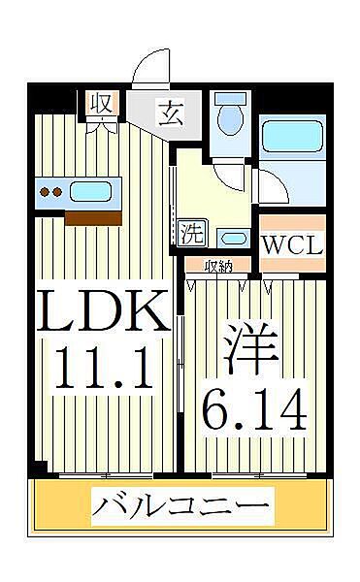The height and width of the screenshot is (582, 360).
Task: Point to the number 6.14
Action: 254,407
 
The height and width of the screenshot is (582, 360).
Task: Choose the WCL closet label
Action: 292,244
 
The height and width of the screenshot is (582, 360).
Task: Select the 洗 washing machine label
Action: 193,233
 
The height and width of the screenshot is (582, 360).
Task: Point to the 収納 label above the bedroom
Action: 217,265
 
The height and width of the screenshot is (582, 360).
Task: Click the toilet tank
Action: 230,100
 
